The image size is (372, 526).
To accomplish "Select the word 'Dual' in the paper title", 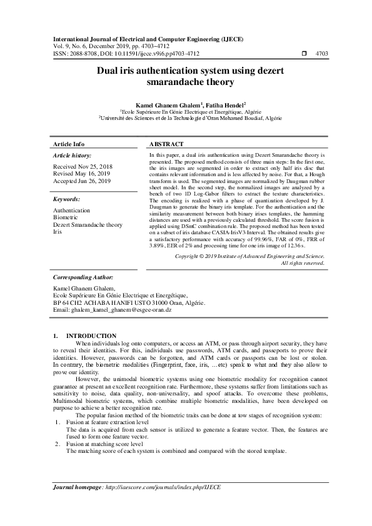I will coord(108,72).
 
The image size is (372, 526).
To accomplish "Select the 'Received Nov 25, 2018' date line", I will coord(79,169).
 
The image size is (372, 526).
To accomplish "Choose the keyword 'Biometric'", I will coord(66,217).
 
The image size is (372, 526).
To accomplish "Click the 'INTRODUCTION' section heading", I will coord(91,336).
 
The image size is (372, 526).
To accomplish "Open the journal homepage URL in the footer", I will coord(163,486).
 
